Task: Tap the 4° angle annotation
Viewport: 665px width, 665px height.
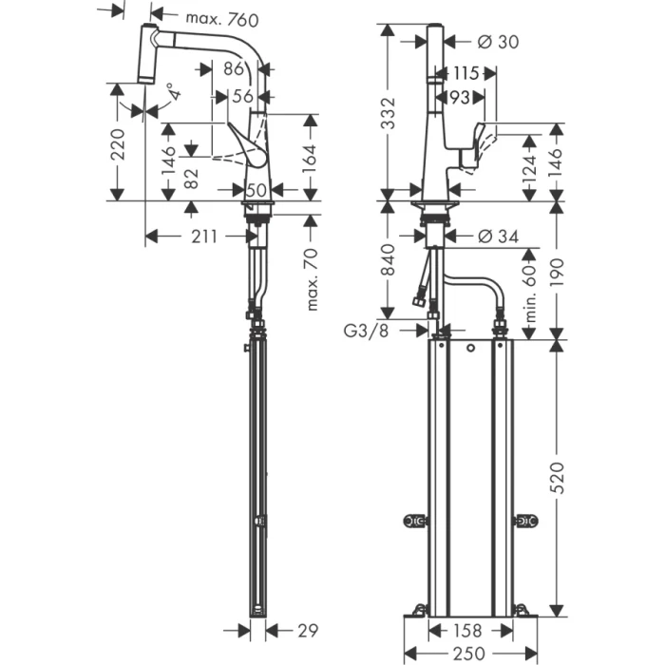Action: (x=171, y=93)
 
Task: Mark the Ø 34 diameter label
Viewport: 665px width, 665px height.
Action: (x=497, y=236)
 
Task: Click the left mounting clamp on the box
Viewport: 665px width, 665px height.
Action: (x=414, y=521)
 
